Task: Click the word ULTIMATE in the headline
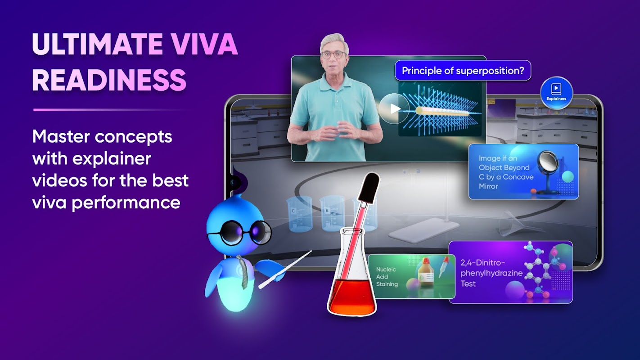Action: (x=97, y=44)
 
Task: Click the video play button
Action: (x=394, y=108)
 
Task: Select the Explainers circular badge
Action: (x=556, y=92)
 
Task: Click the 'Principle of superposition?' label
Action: (x=463, y=70)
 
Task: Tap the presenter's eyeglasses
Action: (x=334, y=54)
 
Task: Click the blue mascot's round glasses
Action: (x=240, y=232)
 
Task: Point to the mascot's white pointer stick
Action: (x=285, y=270)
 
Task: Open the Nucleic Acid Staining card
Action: (x=411, y=276)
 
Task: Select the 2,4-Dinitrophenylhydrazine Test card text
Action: (x=491, y=273)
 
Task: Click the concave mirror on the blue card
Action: (x=547, y=162)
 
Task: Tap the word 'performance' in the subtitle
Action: (x=126, y=203)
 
